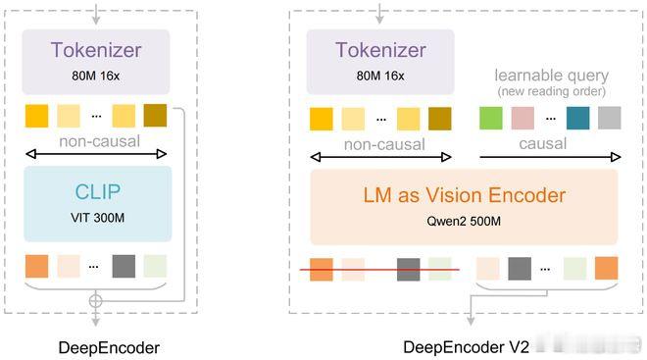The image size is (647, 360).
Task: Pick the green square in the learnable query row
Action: point(491,119)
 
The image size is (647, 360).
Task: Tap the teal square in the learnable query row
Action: point(577,119)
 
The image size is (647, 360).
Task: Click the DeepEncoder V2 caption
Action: point(467,347)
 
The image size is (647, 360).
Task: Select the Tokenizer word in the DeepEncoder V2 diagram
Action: point(380,50)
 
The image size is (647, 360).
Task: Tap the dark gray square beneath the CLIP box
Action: point(124,266)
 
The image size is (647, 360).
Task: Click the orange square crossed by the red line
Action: point(322,268)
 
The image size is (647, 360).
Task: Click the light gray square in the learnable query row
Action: point(609,119)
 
